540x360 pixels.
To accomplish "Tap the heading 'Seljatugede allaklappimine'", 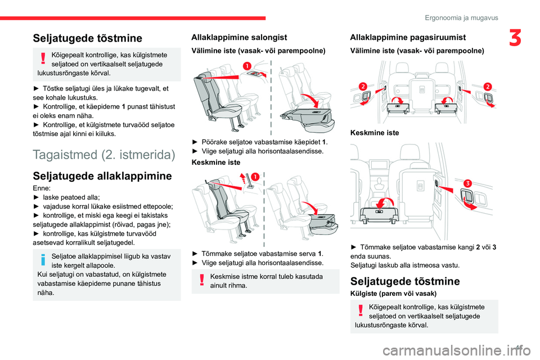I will coord(102,176).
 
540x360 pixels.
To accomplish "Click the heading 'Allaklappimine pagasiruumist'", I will coord(408,37).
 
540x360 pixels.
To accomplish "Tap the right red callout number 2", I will coord(487,85).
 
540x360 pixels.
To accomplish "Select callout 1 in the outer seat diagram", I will coord(246,67).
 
